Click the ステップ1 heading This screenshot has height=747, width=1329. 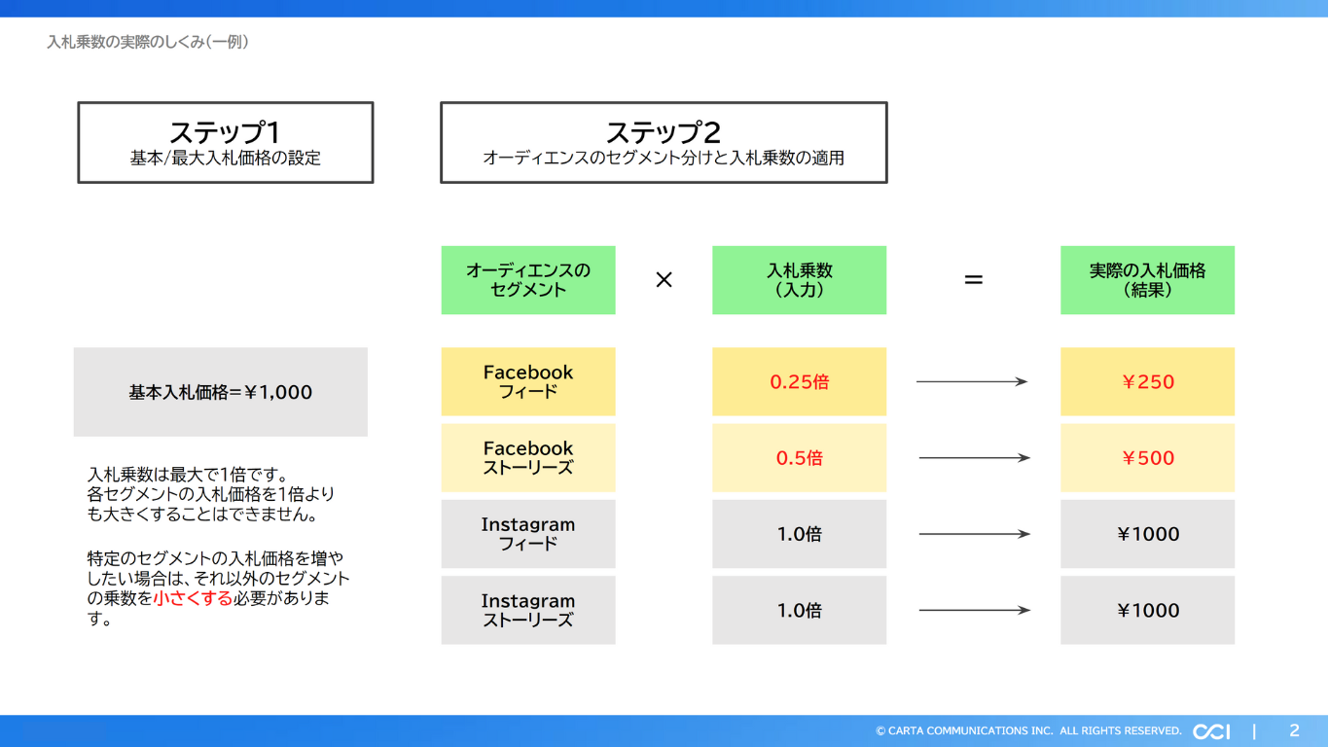pyautogui.click(x=225, y=132)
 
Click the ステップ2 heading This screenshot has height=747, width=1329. pyautogui.click(x=664, y=132)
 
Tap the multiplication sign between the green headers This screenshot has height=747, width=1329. pyautogui.click(x=664, y=280)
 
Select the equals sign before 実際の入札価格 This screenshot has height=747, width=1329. pyautogui.click(x=973, y=280)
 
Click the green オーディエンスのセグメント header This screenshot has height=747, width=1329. pyautogui.click(x=527, y=280)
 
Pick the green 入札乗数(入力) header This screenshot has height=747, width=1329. pyautogui.click(x=799, y=280)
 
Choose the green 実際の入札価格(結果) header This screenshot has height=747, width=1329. pyautogui.click(x=1147, y=280)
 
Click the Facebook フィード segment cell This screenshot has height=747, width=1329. pyautogui.click(x=527, y=381)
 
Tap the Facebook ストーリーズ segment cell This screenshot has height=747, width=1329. pyautogui.click(x=527, y=457)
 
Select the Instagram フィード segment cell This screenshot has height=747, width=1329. pyautogui.click(x=527, y=534)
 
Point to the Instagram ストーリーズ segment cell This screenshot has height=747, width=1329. pyautogui.click(x=527, y=610)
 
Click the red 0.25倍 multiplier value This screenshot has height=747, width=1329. pyautogui.click(x=799, y=382)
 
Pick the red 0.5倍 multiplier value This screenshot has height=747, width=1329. pyautogui.click(x=799, y=458)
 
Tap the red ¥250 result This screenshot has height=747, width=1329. pyautogui.click(x=1148, y=382)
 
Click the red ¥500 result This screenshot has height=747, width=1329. pyautogui.click(x=1148, y=458)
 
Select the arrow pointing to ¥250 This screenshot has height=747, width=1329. pyautogui.click(x=972, y=382)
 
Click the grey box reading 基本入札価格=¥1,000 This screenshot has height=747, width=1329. pyautogui.click(x=221, y=392)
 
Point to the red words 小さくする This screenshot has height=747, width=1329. pyautogui.click(x=193, y=598)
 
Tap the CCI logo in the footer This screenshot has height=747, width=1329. pyautogui.click(x=1211, y=731)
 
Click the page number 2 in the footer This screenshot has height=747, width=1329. pyautogui.click(x=1294, y=730)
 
